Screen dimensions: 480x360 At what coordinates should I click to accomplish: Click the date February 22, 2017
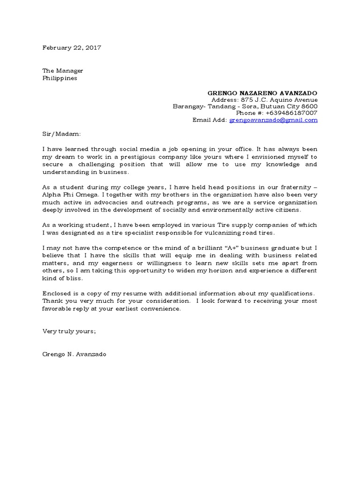point(72,48)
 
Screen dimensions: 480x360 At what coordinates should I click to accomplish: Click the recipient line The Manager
point(63,71)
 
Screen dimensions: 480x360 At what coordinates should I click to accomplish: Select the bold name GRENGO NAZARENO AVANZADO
point(262,93)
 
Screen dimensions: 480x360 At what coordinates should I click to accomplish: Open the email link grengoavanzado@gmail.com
point(273,120)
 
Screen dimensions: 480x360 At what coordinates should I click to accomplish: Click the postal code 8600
point(309,106)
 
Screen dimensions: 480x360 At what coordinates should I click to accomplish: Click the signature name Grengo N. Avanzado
point(75,354)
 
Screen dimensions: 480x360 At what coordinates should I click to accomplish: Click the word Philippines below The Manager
point(60,78)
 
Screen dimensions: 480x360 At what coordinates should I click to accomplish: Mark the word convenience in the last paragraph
point(158,309)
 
